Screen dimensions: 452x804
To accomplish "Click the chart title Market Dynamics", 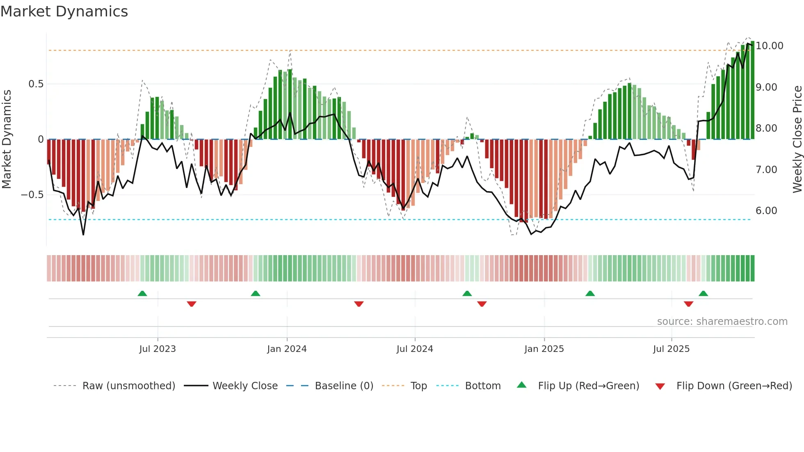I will click(64, 11).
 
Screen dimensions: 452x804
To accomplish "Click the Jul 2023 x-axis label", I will click(158, 349).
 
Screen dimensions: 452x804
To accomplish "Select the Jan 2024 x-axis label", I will click(287, 349).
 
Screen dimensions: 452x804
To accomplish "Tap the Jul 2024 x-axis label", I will click(415, 349).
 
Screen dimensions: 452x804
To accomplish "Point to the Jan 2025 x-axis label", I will click(544, 349).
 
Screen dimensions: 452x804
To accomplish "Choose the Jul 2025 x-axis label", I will click(672, 349).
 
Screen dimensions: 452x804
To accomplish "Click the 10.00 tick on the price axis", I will click(770, 46).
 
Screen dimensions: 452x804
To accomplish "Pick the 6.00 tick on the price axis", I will click(766, 211).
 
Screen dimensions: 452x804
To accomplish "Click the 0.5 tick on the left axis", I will click(36, 84).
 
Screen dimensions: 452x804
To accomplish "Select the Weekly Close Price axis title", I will click(797, 139).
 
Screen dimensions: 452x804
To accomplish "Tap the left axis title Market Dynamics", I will click(7, 139).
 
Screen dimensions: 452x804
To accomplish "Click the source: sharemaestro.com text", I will click(722, 322).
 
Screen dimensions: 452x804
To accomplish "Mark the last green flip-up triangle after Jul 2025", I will click(703, 293).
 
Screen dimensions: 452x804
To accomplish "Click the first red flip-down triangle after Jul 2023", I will click(192, 304).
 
